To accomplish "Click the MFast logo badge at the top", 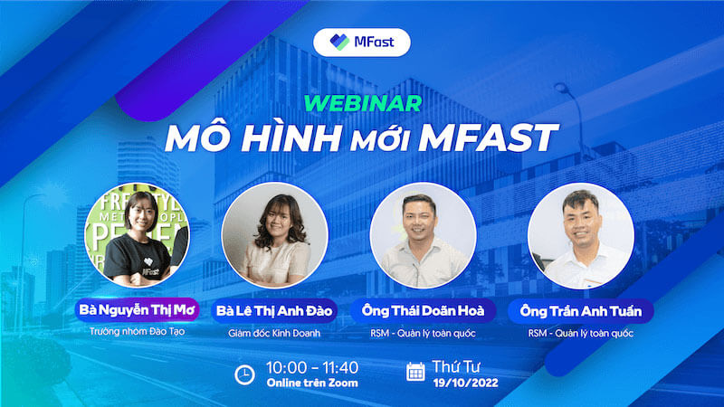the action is click(361, 43).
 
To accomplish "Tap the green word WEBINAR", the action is click(363, 103).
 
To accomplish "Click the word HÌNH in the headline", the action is click(291, 137).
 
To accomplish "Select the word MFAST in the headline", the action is click(488, 137).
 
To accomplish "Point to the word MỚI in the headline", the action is click(379, 139).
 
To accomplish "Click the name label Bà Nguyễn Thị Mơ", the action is click(138, 309).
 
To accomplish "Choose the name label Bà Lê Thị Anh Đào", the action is click(274, 311).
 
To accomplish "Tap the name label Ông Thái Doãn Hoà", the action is click(423, 311).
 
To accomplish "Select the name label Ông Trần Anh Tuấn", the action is click(581, 311).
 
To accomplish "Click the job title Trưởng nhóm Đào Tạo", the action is click(138, 331).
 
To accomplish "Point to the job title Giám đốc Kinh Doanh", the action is click(274, 333).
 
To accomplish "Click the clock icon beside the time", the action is click(244, 374).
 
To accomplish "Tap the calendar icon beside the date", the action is click(415, 372).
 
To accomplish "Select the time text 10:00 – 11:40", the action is click(312, 368).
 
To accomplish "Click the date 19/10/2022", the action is click(465, 383).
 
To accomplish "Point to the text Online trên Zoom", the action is click(312, 383).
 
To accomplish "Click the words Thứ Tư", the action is click(456, 367).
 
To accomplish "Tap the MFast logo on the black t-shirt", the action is click(148, 268).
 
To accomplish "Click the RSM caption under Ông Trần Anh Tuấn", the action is click(581, 333).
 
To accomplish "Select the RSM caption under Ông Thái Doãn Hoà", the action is click(423, 333).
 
